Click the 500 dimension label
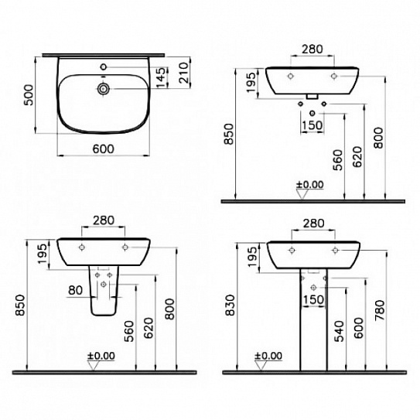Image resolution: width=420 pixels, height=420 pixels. pos(29,95)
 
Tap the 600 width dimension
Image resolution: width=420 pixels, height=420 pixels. pos(104,149)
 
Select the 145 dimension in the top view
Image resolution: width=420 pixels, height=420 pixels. pos(161,77)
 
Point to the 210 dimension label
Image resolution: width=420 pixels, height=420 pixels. pos(184,73)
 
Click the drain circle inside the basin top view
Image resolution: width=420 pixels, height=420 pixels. pos(104,88)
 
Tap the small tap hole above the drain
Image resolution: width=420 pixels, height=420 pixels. pos(104,67)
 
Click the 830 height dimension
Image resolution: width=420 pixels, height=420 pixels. pos(230,306)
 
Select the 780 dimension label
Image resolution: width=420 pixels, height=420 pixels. pos(380,310)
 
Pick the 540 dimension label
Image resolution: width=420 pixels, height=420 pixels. pos(339,331)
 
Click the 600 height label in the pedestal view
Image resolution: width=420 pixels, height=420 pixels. pos(358,328)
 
